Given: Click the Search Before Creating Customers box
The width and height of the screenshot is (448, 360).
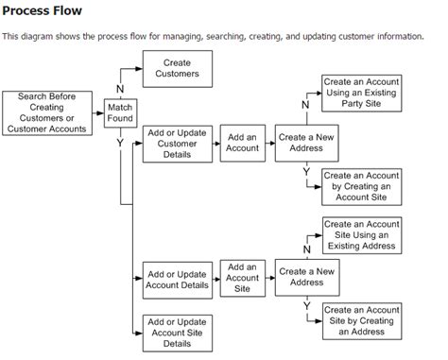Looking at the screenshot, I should pos(47,113).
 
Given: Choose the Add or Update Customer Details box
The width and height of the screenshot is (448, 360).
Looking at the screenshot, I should pos(177,143).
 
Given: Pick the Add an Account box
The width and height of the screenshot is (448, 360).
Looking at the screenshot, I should pos(242,143).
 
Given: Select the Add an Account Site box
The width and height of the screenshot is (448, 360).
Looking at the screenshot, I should pos(242,279).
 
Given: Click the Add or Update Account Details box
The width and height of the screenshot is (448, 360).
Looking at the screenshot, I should pos(177,279).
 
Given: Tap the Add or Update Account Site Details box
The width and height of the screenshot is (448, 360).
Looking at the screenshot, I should pos(177,331).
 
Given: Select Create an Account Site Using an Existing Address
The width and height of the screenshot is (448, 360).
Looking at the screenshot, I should pos(360,234).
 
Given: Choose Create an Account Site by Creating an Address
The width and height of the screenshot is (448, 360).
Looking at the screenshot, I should pos(360,320).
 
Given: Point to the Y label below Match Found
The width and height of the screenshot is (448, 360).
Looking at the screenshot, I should pos(120,143).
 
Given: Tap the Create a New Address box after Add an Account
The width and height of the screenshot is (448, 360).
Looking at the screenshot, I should pos(307,143).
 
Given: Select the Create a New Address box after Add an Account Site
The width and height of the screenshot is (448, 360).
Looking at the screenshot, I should pos(307,277).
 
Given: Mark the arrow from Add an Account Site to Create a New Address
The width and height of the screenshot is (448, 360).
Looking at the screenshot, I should pos(269,279).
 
